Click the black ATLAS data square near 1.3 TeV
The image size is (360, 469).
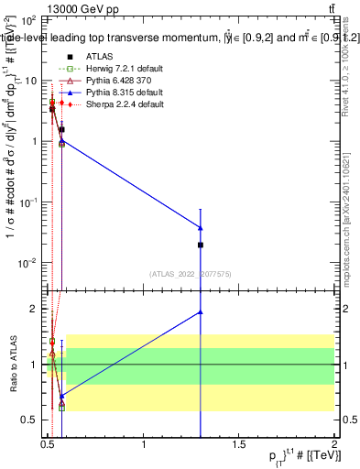(201, 245)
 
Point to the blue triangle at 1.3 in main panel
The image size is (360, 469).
(201, 228)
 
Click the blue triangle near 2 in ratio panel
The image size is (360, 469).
(201, 312)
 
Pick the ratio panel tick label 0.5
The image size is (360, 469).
(29, 420)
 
